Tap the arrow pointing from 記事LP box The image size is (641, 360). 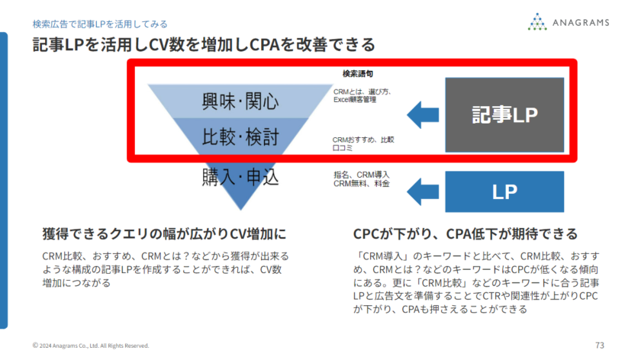420,115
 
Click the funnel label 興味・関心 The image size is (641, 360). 240,101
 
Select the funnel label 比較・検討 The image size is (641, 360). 240,137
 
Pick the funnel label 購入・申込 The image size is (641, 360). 240,178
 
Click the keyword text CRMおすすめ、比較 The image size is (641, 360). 363,140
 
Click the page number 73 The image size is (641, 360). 599,345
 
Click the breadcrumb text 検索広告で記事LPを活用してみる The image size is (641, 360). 100,24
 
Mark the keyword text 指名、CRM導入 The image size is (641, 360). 359,175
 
